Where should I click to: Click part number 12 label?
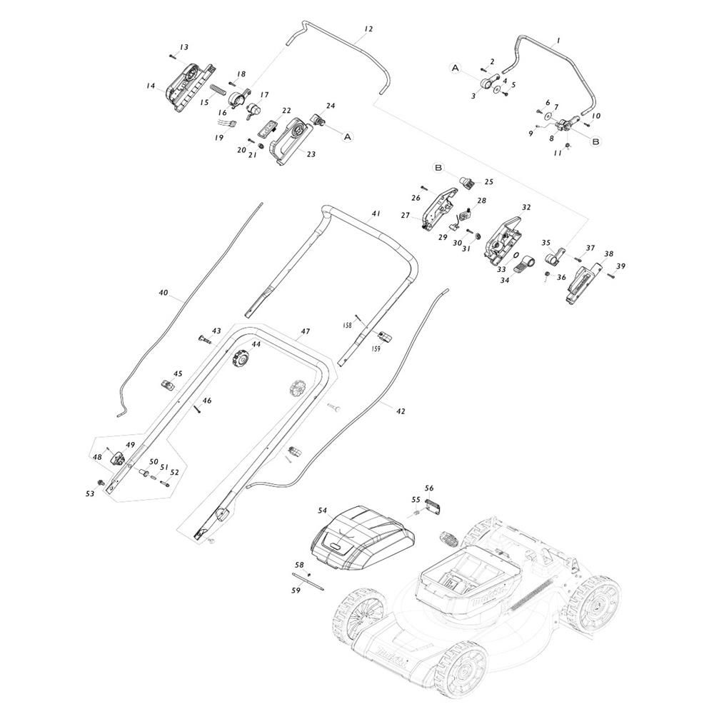368,29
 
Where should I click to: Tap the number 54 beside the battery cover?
323,511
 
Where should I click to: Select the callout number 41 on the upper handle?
376,213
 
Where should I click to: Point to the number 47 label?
305,331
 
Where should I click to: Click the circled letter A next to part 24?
348,136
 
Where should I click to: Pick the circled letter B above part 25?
438,168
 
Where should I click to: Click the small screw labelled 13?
173,56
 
